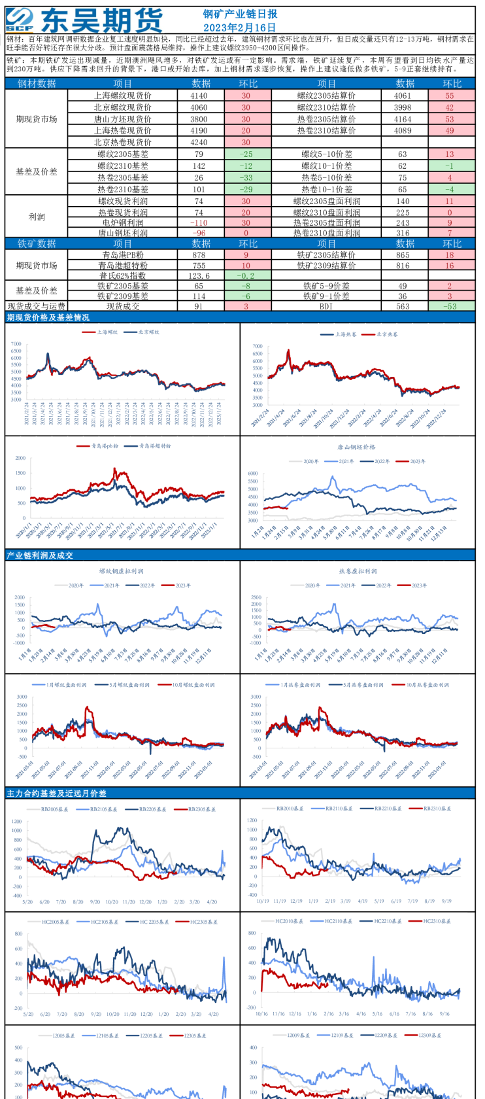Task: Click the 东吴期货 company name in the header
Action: (101, 20)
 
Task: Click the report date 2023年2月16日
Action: (239, 27)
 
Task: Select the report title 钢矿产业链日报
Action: (239, 14)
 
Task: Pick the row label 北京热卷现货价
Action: (122, 142)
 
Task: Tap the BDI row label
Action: (326, 306)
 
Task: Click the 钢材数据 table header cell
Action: (37, 84)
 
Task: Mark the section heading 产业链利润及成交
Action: (40, 555)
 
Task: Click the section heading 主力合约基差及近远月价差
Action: (56, 794)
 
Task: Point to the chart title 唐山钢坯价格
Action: (356, 447)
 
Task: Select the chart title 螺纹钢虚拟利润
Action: (121, 571)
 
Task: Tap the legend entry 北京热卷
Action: (387, 334)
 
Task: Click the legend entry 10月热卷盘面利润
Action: (427, 685)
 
